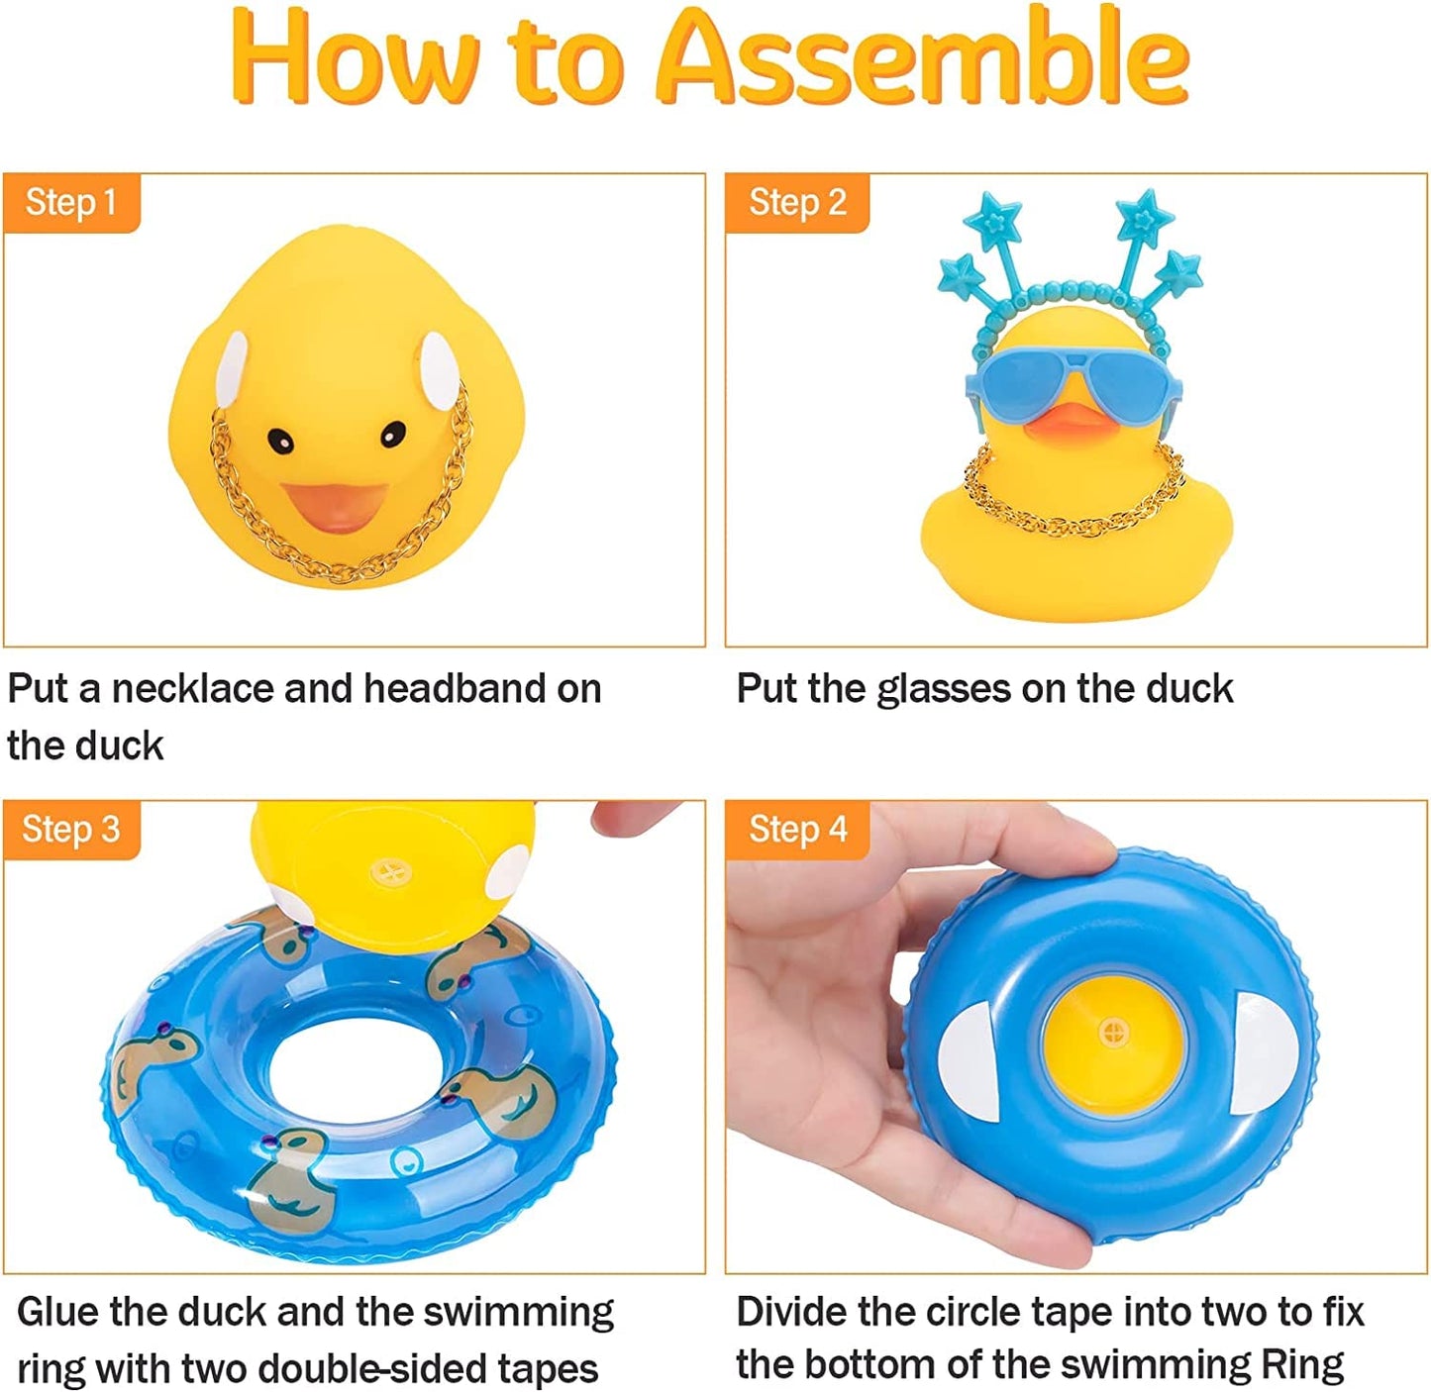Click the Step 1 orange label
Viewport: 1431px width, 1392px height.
point(71,203)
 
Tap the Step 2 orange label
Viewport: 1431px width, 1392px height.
point(797,203)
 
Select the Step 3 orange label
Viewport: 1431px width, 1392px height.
point(71,830)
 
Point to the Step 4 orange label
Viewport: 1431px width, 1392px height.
point(797,830)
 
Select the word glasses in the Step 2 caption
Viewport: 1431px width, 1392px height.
point(944,689)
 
